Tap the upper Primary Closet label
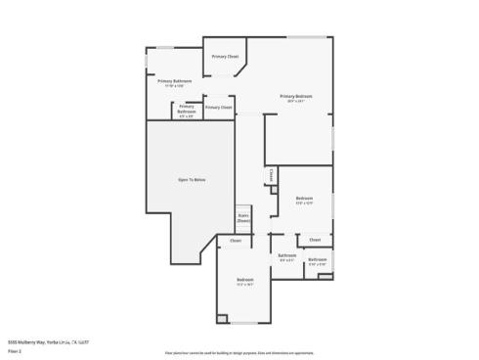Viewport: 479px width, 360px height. point(225,57)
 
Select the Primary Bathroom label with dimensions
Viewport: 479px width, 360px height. point(174,83)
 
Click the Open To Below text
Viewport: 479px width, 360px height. point(192,180)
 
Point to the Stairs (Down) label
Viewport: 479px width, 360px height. point(243,220)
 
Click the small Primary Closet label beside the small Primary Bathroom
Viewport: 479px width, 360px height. point(220,107)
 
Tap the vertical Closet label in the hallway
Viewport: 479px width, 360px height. point(272,176)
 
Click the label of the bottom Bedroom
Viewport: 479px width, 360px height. point(244,283)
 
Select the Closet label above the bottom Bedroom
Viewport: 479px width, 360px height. point(236,240)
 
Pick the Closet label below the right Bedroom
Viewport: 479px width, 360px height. point(315,240)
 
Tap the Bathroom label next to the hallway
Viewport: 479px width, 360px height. point(287,257)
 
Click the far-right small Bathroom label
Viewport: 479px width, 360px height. point(318,261)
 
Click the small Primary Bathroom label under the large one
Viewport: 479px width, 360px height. point(187,110)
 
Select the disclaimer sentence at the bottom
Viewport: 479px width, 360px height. point(239,351)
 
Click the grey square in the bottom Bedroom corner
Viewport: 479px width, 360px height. point(223,319)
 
